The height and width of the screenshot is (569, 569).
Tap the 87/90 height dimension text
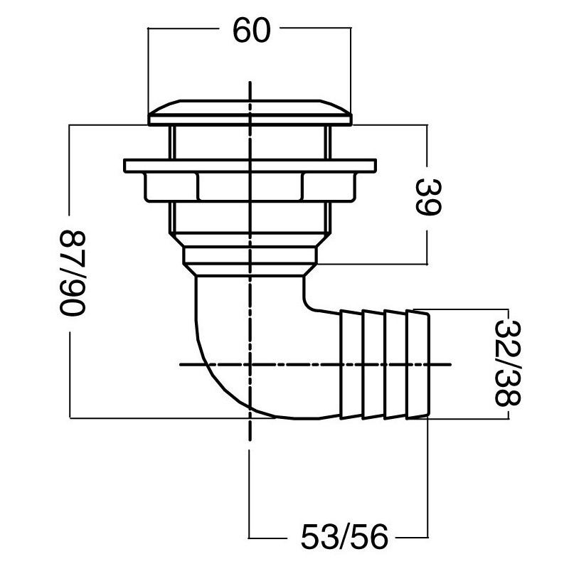(x=72, y=270)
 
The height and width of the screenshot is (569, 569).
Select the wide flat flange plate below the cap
(x=250, y=166)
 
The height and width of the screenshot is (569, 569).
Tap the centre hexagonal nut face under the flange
(x=250, y=186)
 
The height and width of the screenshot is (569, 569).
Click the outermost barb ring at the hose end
(x=420, y=363)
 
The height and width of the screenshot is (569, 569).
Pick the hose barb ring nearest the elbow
(x=351, y=363)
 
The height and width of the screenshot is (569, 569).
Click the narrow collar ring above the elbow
(x=250, y=255)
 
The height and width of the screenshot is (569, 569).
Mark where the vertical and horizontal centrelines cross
(x=250, y=364)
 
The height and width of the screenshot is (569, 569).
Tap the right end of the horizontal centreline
(x=450, y=364)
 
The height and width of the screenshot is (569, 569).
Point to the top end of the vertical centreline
(x=250, y=84)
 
